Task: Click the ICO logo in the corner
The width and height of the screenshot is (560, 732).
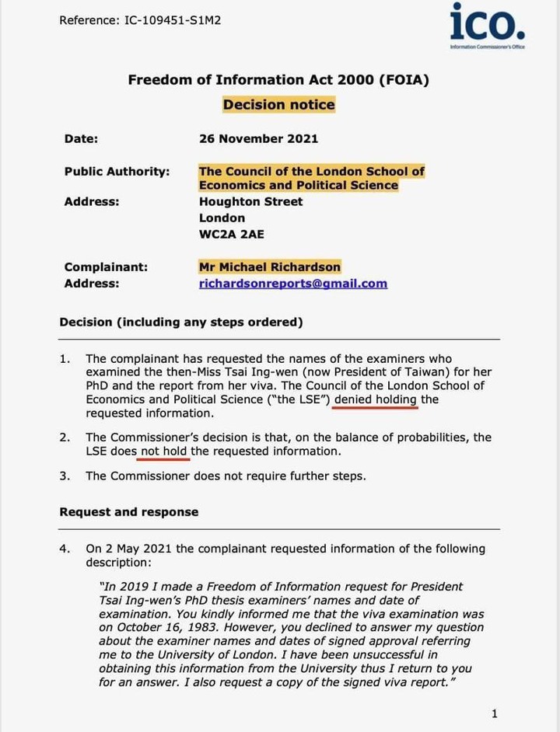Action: pos(488,25)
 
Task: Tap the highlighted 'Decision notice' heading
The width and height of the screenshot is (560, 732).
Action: pos(278,105)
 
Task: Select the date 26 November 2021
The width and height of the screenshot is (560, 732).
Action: pos(258,138)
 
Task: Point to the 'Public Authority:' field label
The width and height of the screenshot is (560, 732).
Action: pos(117,171)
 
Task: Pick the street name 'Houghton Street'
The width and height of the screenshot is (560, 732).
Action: pos(250,201)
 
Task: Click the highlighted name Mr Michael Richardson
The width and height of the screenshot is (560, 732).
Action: pos(269,267)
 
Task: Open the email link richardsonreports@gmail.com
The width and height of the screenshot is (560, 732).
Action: pos(292,283)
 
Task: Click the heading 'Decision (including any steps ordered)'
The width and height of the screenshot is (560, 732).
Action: pos(180,322)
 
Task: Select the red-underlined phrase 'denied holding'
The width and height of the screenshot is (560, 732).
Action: pos(376,399)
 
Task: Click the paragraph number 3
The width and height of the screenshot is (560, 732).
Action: pos(65,476)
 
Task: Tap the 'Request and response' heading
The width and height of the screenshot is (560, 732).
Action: pos(128,511)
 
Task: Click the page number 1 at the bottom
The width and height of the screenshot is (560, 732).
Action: pos(495,713)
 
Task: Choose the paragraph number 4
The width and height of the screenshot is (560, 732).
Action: pos(65,549)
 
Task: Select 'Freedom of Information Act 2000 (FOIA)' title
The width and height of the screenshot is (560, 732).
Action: pos(278,79)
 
